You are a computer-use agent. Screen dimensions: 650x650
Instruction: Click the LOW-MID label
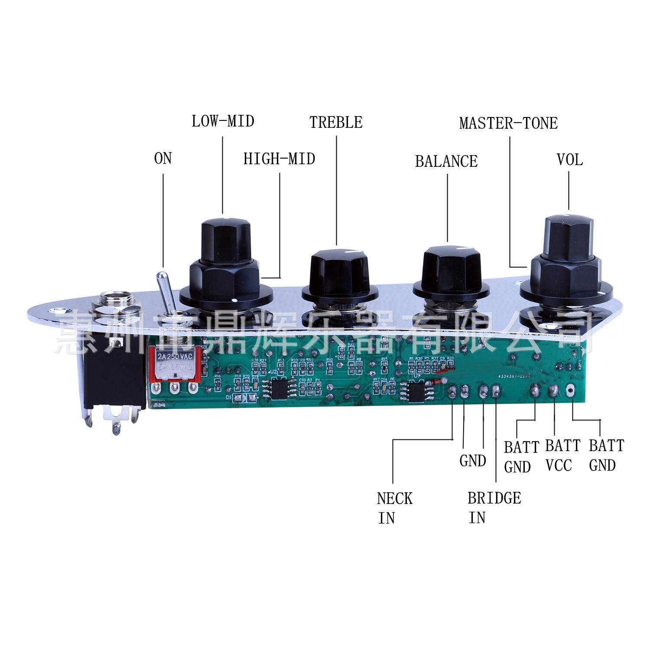(x=223, y=121)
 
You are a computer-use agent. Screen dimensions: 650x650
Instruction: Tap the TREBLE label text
(x=336, y=123)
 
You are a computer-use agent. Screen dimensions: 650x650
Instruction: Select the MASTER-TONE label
(x=508, y=123)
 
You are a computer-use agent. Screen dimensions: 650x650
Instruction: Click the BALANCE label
(x=446, y=162)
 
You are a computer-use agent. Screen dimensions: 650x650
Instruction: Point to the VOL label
(x=569, y=160)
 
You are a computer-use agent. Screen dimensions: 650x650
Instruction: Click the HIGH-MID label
(x=279, y=159)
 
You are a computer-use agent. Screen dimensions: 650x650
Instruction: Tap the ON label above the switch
(x=163, y=159)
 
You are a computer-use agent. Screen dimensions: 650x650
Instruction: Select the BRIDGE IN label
(x=494, y=507)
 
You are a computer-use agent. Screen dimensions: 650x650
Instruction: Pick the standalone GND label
(x=472, y=461)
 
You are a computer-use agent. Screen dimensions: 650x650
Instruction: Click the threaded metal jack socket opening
(x=118, y=303)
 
